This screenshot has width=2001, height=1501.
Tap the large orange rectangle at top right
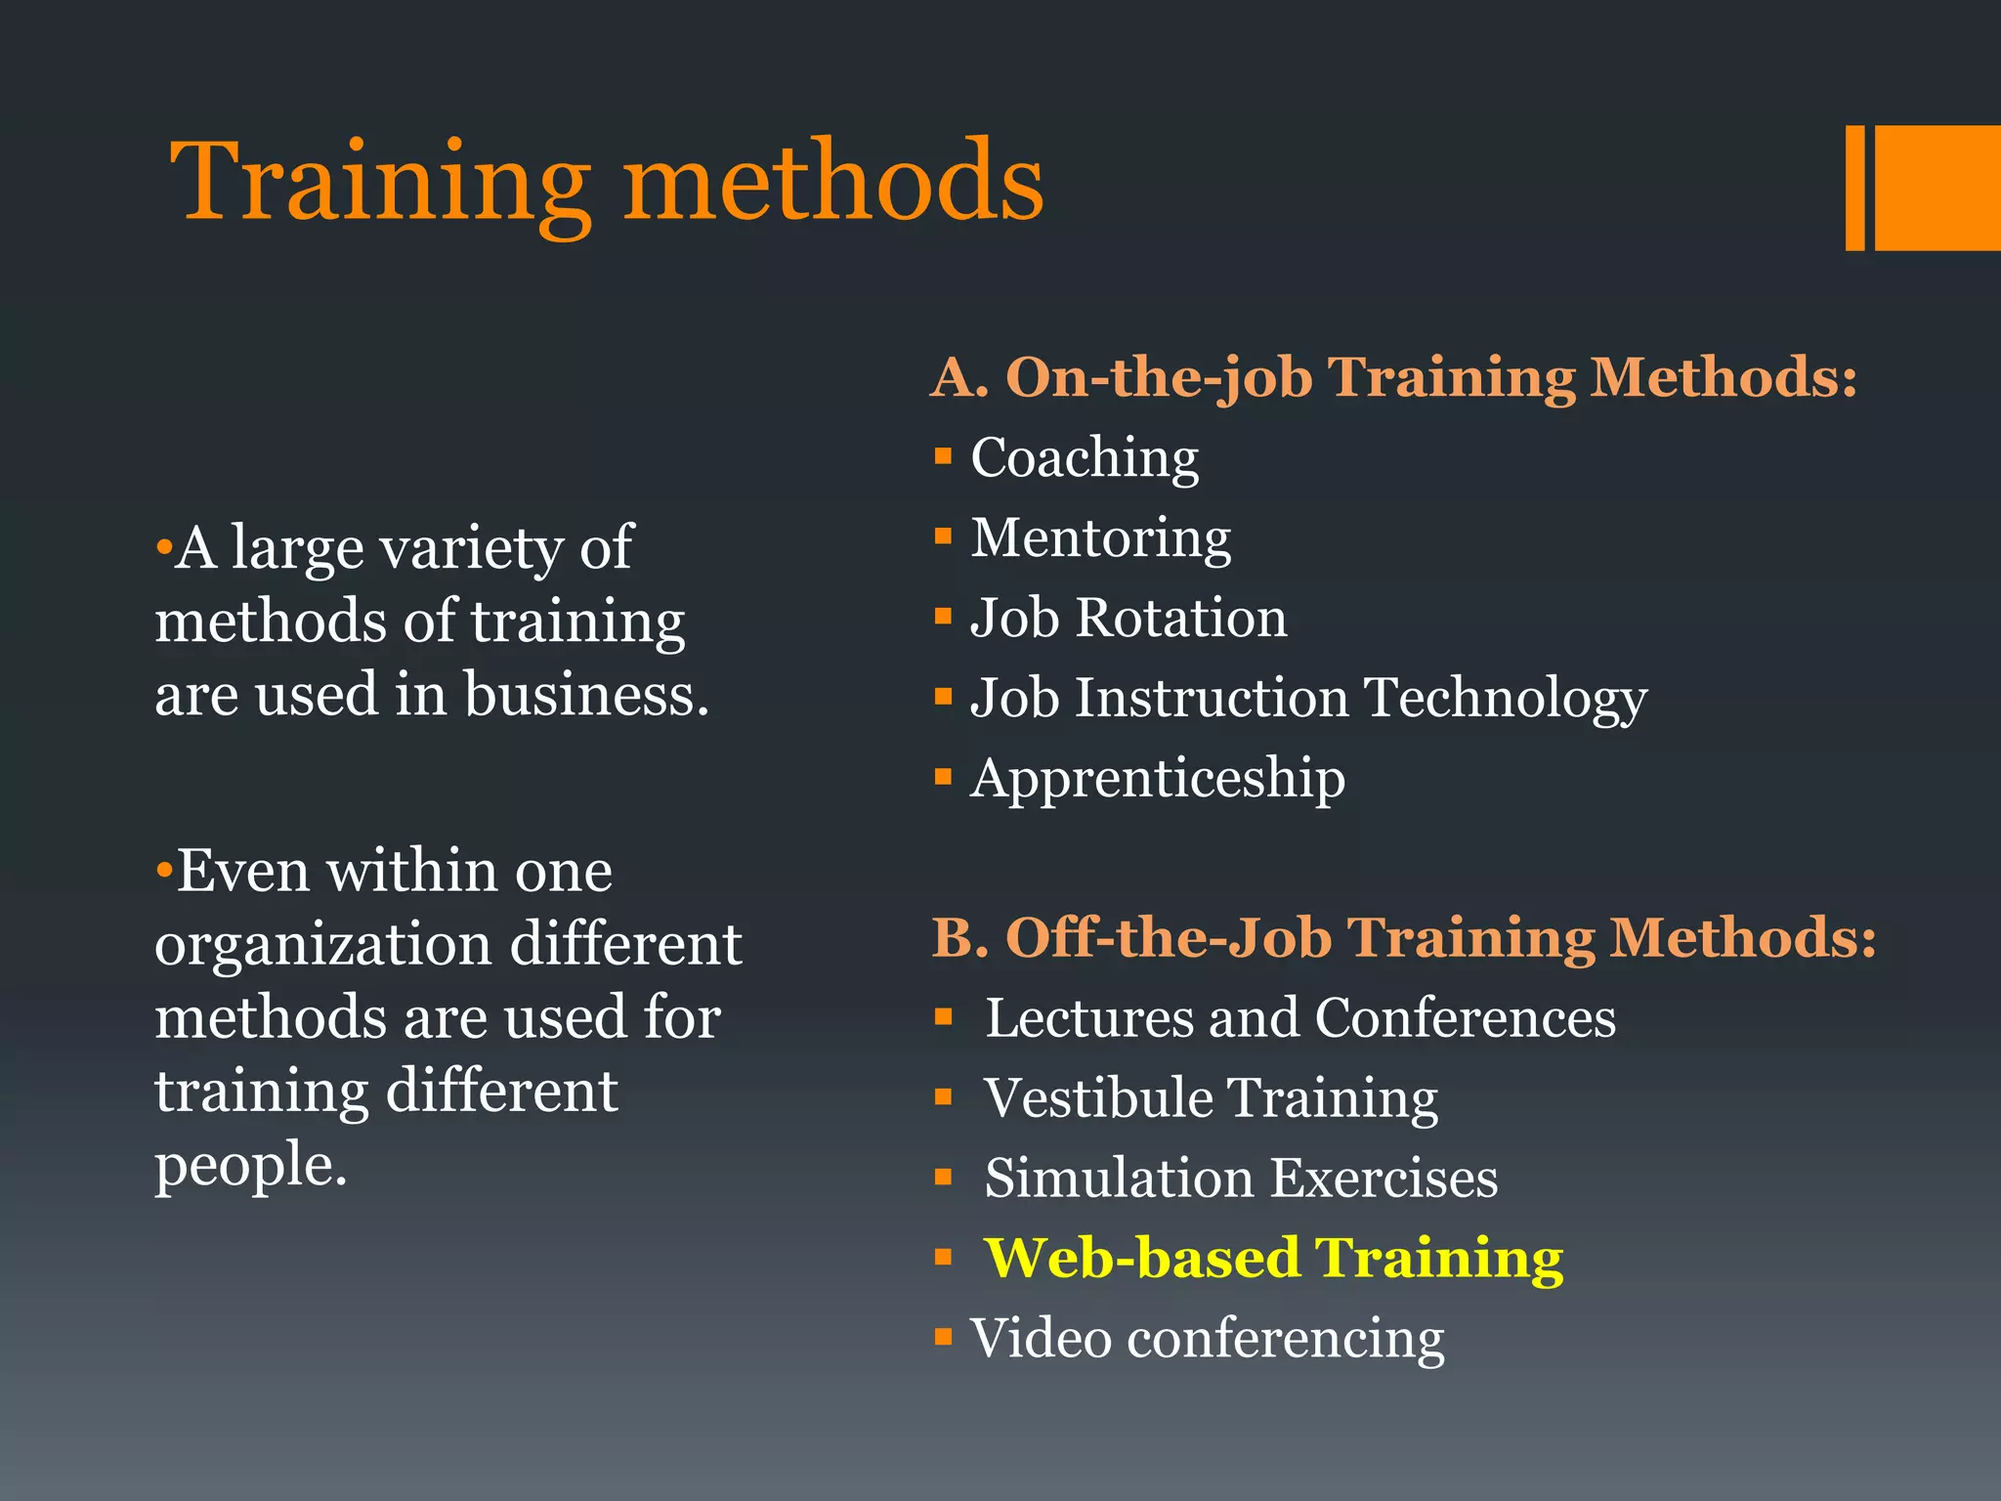tap(1937, 188)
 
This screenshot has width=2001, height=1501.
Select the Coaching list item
tap(1085, 457)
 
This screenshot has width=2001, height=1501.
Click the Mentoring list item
tap(1100, 537)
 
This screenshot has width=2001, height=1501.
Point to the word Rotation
tap(1181, 619)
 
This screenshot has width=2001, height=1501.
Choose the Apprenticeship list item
tap(1157, 779)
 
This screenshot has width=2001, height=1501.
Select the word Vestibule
tap(1098, 1098)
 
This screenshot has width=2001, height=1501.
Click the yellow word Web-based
tap(1141, 1258)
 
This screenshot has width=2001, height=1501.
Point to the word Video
tap(1041, 1338)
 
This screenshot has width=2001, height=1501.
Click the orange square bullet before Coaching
tap(943, 456)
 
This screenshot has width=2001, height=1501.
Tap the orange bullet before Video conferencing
tap(943, 1337)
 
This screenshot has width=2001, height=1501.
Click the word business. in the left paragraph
tap(586, 695)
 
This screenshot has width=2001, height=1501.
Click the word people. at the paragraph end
tap(251, 1166)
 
